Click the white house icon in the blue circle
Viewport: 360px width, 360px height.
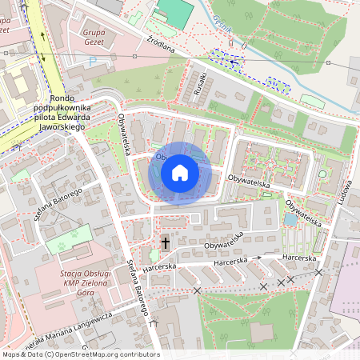click(x=180, y=173)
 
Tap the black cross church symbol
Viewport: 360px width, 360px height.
click(x=166, y=242)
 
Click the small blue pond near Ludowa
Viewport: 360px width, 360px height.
click(x=289, y=219)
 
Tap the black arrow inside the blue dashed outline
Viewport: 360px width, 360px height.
click(x=233, y=60)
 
